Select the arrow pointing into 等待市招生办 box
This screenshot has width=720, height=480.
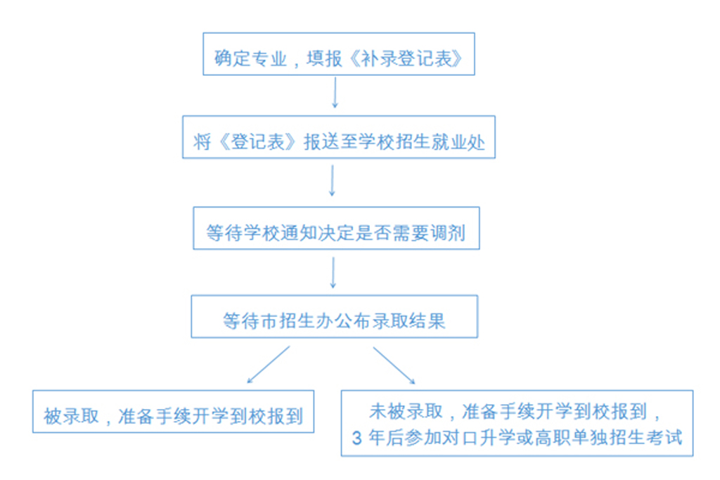coord(333,272)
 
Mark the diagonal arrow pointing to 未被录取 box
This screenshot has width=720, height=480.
coord(393,365)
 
